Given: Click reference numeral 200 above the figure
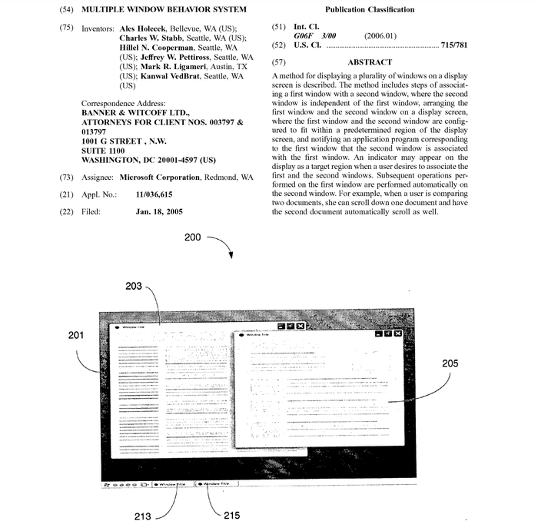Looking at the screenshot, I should (194, 238).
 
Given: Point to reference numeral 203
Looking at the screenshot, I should (134, 287).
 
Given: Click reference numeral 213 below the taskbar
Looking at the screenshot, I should (143, 516).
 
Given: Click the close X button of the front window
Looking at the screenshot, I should (399, 334).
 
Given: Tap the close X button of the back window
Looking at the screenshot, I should (300, 326).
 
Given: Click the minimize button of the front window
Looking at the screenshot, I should (377, 334).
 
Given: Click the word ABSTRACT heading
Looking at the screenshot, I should (369, 62).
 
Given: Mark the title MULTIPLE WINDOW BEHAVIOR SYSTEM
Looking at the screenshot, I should (164, 9).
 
